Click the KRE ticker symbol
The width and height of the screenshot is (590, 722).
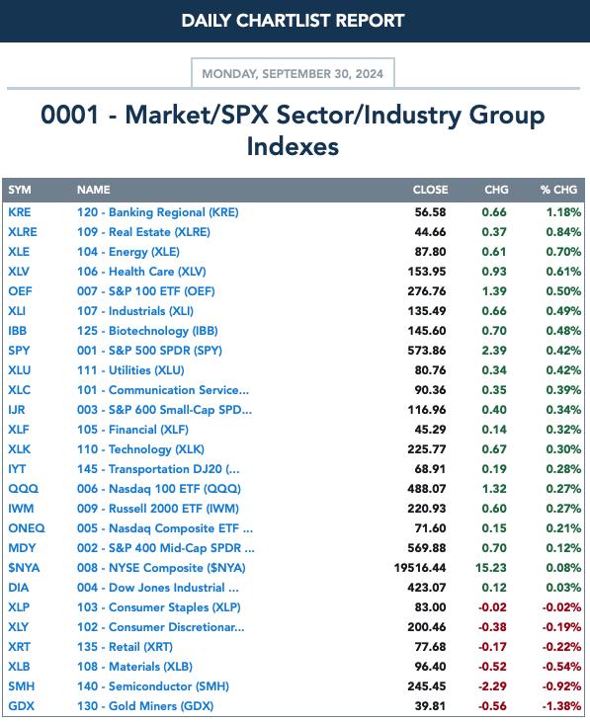20,212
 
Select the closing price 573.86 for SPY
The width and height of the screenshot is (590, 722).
427,351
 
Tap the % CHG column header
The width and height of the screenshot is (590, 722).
558,190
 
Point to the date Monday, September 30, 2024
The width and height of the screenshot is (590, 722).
293,74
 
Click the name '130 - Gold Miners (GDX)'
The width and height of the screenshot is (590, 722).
145,706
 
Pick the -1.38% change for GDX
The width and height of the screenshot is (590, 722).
561,706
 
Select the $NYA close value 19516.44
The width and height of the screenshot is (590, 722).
420,568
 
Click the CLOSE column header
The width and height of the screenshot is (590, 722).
430,190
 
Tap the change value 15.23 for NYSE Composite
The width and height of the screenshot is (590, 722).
491,568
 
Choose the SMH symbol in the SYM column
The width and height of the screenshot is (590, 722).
21,686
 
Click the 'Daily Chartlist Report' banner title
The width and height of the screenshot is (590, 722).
293,21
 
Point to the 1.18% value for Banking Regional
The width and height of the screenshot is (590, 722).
563,212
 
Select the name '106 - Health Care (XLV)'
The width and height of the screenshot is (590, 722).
141,272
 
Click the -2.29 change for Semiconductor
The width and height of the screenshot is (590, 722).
492,686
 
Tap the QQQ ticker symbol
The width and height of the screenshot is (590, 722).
23,489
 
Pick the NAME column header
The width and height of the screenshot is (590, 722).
94,190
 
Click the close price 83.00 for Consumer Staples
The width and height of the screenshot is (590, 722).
430,607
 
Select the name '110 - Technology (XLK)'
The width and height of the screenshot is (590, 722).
140,449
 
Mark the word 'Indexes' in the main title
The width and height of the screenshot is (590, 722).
293,146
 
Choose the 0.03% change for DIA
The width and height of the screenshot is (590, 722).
563,588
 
